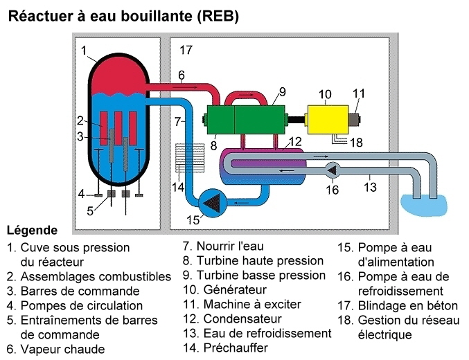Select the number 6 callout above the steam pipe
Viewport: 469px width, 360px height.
pyautogui.click(x=181, y=75)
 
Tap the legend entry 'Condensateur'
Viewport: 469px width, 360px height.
pyautogui.click(x=242, y=318)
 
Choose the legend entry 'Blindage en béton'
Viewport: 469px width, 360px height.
pyautogui.click(x=408, y=305)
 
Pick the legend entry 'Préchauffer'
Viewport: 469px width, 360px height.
pyautogui.click(x=235, y=348)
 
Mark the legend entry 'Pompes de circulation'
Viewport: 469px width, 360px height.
pyautogui.click(x=81, y=305)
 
